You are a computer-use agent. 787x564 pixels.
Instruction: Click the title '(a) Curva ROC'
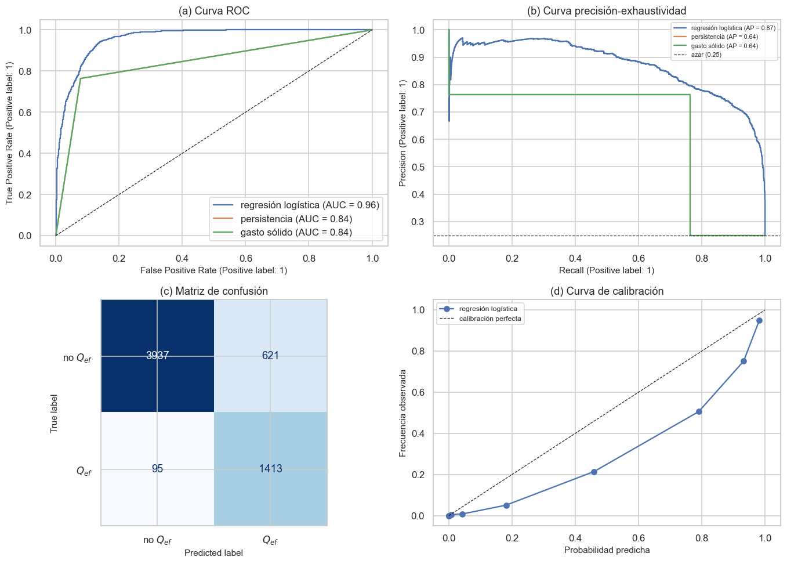[x=213, y=11]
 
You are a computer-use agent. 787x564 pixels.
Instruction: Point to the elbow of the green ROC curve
[x=81, y=78]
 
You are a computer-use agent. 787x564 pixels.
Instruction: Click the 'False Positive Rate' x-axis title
[x=213, y=270]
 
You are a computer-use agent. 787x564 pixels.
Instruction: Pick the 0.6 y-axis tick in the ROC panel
[x=25, y=113]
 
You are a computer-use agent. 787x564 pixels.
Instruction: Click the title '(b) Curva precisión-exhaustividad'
[x=607, y=11]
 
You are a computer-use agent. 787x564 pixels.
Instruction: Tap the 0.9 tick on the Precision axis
[x=418, y=57]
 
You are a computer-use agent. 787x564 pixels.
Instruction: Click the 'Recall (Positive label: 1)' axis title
[x=607, y=270]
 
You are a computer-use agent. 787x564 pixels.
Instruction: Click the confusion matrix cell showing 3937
[x=157, y=356]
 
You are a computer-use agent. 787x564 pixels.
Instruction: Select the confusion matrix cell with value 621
[x=270, y=356]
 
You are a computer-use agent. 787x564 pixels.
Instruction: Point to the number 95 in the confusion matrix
[x=157, y=469]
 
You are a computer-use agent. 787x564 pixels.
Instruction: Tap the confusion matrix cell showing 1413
[x=270, y=469]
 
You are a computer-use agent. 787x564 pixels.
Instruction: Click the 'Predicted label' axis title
[x=213, y=553]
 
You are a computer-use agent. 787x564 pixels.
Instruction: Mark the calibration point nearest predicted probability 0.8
[x=699, y=412]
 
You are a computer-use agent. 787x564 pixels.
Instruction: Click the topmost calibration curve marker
[x=759, y=321]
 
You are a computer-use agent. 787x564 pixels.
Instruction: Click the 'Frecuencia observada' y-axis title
[x=402, y=413]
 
